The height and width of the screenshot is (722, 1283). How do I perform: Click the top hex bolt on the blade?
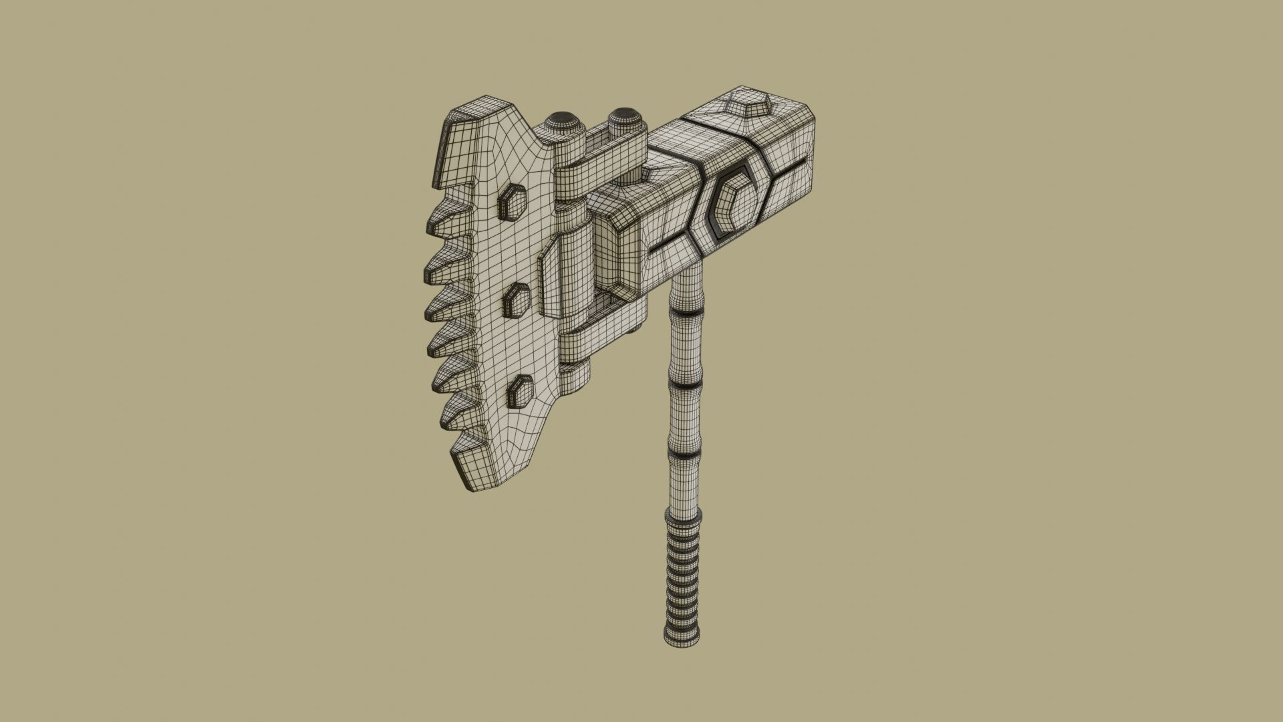point(513,201)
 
